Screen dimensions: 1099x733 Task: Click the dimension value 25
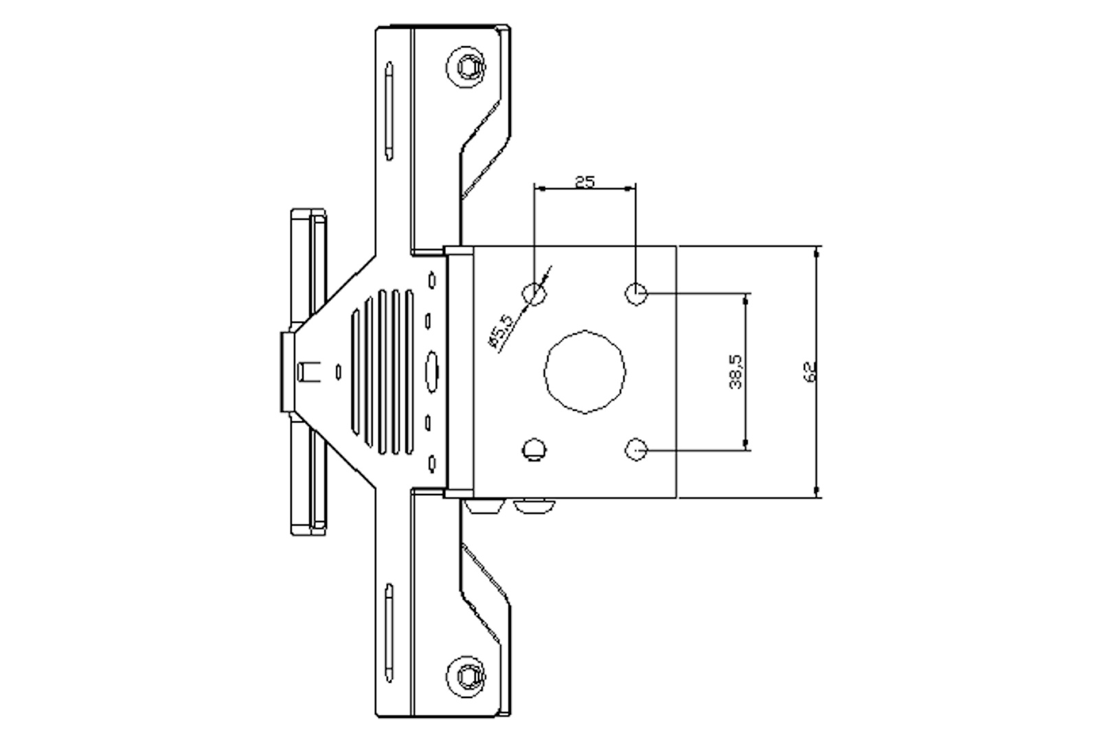(x=585, y=182)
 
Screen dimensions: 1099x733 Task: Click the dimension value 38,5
(x=736, y=372)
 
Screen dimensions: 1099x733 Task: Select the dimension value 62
(x=810, y=372)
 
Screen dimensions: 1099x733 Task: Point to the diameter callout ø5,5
(x=501, y=331)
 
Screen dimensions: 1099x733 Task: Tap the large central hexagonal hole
(x=585, y=372)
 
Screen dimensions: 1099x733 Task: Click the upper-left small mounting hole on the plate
(x=534, y=293)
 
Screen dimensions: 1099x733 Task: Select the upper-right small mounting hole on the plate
(x=636, y=293)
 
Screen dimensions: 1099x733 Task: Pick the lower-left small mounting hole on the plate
(x=534, y=449)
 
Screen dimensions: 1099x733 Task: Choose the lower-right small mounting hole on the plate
(x=636, y=449)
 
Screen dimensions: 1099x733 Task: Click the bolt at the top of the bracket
(x=466, y=67)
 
